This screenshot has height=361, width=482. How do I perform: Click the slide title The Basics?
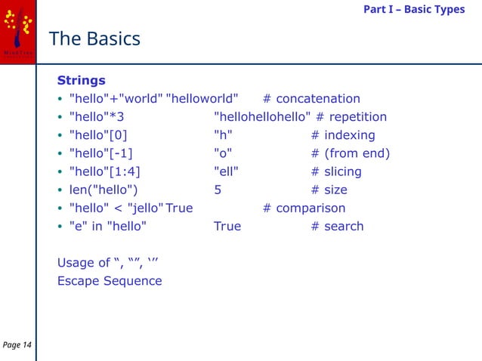94,39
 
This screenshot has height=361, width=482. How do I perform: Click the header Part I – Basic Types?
414,9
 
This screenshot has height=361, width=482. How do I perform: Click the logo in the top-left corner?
17,29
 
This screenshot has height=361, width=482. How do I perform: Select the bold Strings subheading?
82,80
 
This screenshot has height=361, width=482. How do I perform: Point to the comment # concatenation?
311,99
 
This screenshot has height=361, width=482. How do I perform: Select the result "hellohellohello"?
262,117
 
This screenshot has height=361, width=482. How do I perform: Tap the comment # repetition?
351,117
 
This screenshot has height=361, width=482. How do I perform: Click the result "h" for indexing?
223,135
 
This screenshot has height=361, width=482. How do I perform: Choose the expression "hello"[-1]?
100,153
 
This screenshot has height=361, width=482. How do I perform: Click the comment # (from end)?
351,153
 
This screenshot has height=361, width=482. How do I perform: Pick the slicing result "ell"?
227,171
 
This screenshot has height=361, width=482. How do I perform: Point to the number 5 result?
218,190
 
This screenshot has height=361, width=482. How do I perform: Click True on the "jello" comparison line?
179,208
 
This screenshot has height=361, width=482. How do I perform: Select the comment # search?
337,226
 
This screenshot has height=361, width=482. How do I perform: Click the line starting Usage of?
108,263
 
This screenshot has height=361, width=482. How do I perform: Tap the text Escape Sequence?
110,281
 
